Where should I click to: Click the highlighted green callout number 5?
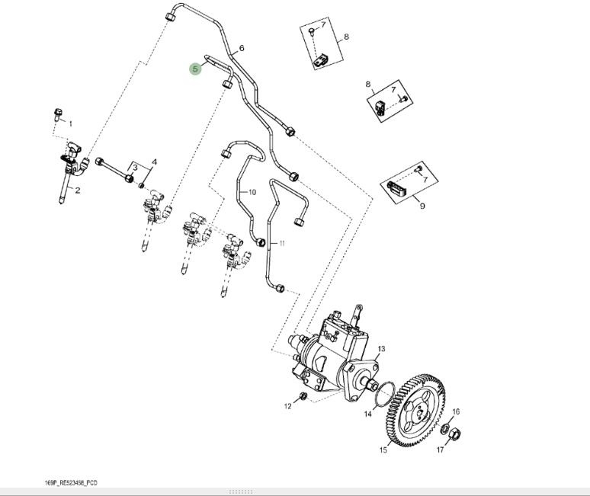(x=195, y=69)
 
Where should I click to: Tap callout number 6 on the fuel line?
(x=242, y=49)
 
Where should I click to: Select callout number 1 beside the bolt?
(x=71, y=123)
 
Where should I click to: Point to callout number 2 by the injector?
(x=77, y=190)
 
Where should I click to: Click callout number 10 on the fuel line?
(x=252, y=192)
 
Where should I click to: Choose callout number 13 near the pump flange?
(x=381, y=349)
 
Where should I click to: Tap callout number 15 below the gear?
(x=383, y=450)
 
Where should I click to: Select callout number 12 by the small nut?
(x=288, y=406)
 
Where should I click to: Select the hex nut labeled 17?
(x=453, y=435)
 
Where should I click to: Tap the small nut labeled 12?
(x=303, y=396)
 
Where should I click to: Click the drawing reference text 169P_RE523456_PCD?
(x=71, y=483)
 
